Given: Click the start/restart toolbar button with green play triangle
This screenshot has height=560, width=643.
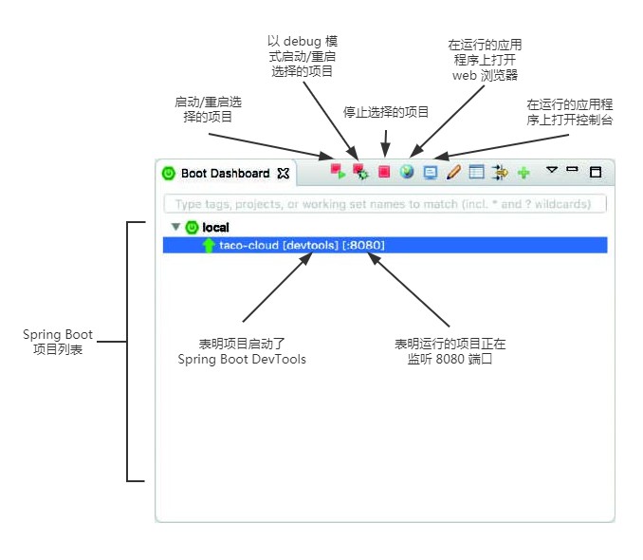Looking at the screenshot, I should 337,172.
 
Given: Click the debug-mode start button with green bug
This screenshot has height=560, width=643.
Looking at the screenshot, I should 359,172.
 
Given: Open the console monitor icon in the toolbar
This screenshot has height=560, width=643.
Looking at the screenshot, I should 431,173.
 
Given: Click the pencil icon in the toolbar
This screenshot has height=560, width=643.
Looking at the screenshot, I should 453,173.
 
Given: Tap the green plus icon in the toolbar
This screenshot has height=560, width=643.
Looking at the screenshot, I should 524,174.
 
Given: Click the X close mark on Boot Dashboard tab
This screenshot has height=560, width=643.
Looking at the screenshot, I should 283,174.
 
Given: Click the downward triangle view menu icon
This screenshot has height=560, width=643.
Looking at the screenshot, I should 551,171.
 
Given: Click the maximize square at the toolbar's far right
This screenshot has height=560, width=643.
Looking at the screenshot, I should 596,173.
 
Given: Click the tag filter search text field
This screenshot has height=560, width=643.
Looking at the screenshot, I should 384,204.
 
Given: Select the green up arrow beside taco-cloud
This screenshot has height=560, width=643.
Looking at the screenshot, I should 209,245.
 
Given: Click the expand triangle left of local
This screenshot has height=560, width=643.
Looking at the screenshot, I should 175,228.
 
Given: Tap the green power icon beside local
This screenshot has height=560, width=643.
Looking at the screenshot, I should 192,228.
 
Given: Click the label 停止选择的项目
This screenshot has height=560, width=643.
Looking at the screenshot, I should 386,112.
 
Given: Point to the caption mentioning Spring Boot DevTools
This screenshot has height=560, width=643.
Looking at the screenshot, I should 242,351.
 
